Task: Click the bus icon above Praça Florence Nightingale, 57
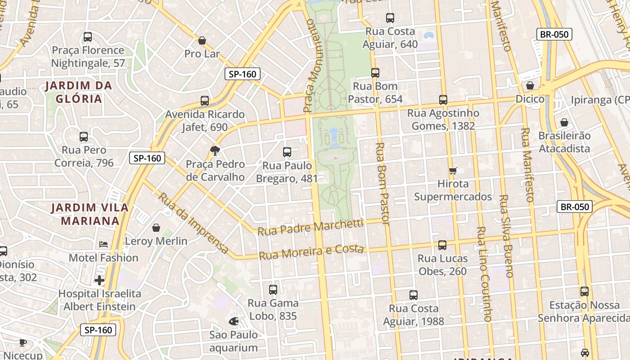point(88,37)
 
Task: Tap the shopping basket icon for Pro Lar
point(202,40)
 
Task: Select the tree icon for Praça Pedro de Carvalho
point(216,151)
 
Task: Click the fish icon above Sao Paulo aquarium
point(233,321)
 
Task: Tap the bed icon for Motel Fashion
point(103,244)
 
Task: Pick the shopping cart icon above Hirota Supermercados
point(453,171)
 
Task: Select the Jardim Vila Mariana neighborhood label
point(90,214)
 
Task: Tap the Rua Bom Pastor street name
point(382,183)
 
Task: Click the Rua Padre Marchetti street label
point(310,227)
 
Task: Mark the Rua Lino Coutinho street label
point(484,274)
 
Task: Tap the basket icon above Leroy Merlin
point(156,228)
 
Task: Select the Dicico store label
point(530,99)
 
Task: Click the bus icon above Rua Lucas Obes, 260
point(442,245)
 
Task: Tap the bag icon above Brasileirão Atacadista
point(564,122)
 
